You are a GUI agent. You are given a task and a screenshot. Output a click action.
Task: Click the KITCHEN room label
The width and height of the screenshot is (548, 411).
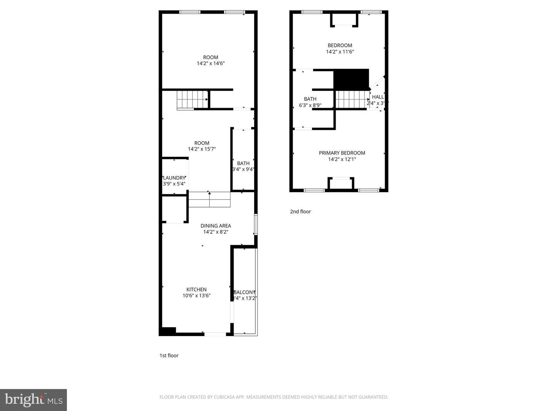point(196,290)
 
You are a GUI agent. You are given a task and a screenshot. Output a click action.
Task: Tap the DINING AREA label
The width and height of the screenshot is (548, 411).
point(216,226)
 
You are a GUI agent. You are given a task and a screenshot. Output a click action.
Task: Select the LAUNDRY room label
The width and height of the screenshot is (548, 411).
point(174,178)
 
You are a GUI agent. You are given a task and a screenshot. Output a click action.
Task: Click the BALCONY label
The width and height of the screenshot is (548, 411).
point(245,292)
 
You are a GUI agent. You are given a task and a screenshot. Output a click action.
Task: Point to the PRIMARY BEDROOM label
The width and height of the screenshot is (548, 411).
point(342,153)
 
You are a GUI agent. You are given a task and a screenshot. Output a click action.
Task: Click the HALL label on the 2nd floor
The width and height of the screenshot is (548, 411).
point(378,97)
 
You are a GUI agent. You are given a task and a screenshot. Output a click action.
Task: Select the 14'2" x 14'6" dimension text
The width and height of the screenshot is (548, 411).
point(210,64)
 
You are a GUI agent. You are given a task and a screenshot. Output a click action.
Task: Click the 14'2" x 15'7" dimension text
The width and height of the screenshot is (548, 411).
point(202,149)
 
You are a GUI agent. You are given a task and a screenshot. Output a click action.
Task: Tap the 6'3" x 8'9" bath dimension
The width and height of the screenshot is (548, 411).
point(310,105)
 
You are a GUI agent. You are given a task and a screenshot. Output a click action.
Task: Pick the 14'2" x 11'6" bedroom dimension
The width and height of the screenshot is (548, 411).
point(340,52)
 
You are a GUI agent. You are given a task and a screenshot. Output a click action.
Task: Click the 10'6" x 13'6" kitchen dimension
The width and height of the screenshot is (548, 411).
point(196,296)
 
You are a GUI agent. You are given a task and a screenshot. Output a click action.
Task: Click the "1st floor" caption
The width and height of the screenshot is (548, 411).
point(169,355)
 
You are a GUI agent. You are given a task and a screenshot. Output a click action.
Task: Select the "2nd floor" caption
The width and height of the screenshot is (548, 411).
point(300,212)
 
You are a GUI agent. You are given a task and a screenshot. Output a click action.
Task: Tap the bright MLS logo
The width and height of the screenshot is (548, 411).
point(33,400)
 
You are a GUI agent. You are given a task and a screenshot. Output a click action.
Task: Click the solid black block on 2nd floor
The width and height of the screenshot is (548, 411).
point(351,79)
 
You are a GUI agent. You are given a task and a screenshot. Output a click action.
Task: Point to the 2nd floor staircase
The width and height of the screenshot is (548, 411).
point(352,99)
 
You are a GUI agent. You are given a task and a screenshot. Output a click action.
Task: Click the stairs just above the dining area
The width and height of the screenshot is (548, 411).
point(209,200)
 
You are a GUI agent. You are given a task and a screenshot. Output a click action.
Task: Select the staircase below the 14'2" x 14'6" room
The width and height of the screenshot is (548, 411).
point(192,100)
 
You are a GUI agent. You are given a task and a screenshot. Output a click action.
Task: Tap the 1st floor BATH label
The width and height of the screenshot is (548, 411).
point(243,163)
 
